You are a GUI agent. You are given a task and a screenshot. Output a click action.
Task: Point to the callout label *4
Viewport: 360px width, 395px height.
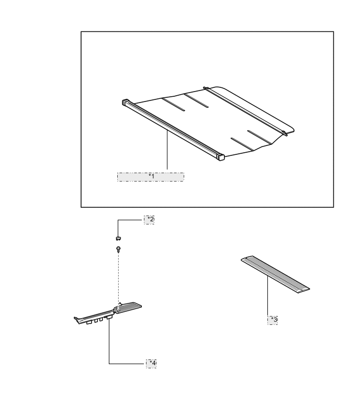(151, 364)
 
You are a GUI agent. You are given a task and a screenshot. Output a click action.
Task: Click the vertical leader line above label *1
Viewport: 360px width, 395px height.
(167, 150)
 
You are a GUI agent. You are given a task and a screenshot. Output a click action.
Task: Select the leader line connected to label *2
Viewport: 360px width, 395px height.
(129, 220)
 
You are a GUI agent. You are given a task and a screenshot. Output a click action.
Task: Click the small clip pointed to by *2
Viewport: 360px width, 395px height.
(118, 238)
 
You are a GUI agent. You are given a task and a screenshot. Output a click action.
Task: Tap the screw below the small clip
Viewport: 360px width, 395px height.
(118, 250)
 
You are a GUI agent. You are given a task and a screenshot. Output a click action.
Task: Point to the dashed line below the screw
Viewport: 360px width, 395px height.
(118, 278)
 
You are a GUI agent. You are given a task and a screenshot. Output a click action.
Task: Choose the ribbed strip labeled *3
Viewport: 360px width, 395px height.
(275, 275)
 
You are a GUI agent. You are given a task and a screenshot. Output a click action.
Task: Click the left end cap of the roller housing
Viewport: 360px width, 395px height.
(125, 102)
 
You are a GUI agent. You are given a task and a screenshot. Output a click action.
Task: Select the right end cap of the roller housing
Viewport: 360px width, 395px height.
(221, 157)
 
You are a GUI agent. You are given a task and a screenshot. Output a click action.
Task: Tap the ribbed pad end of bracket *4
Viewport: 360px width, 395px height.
(129, 307)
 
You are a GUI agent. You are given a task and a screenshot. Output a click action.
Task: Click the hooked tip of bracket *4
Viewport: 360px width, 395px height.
(76, 319)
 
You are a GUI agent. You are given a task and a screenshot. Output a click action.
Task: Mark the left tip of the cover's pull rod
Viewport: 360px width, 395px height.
(205, 88)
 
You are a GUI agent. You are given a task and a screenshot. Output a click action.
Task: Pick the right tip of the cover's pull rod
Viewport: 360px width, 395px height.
(285, 134)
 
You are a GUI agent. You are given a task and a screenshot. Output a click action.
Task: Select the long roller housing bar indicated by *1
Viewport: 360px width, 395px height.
(173, 130)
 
